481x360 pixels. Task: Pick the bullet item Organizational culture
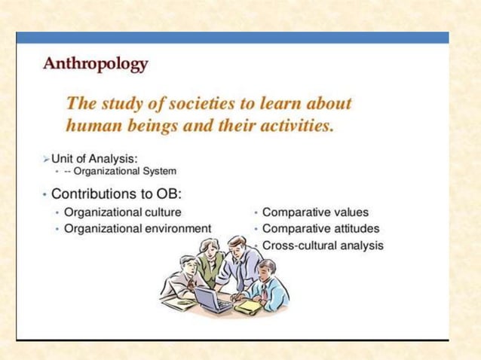(x=122, y=212)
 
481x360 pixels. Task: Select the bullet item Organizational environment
(x=137, y=228)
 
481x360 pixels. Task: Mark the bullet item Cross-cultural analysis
(x=323, y=245)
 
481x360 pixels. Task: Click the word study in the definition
(x=117, y=103)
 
